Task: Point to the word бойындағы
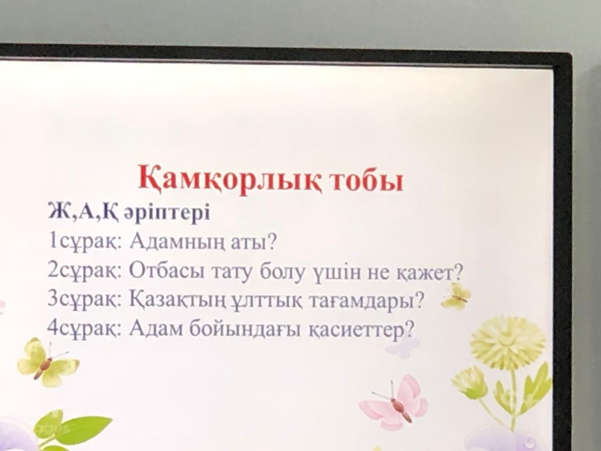(245, 330)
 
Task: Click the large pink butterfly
(395, 405)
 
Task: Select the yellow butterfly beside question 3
(455, 297)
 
